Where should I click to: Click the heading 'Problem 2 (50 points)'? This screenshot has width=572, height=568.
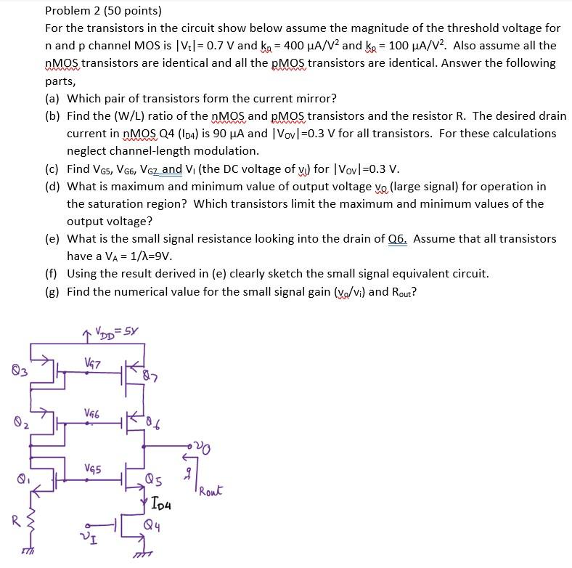click(x=103, y=11)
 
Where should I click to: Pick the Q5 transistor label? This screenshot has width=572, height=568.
click(x=153, y=480)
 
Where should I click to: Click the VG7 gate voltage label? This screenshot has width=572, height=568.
click(x=92, y=362)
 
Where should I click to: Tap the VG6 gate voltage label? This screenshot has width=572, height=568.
click(x=93, y=415)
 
